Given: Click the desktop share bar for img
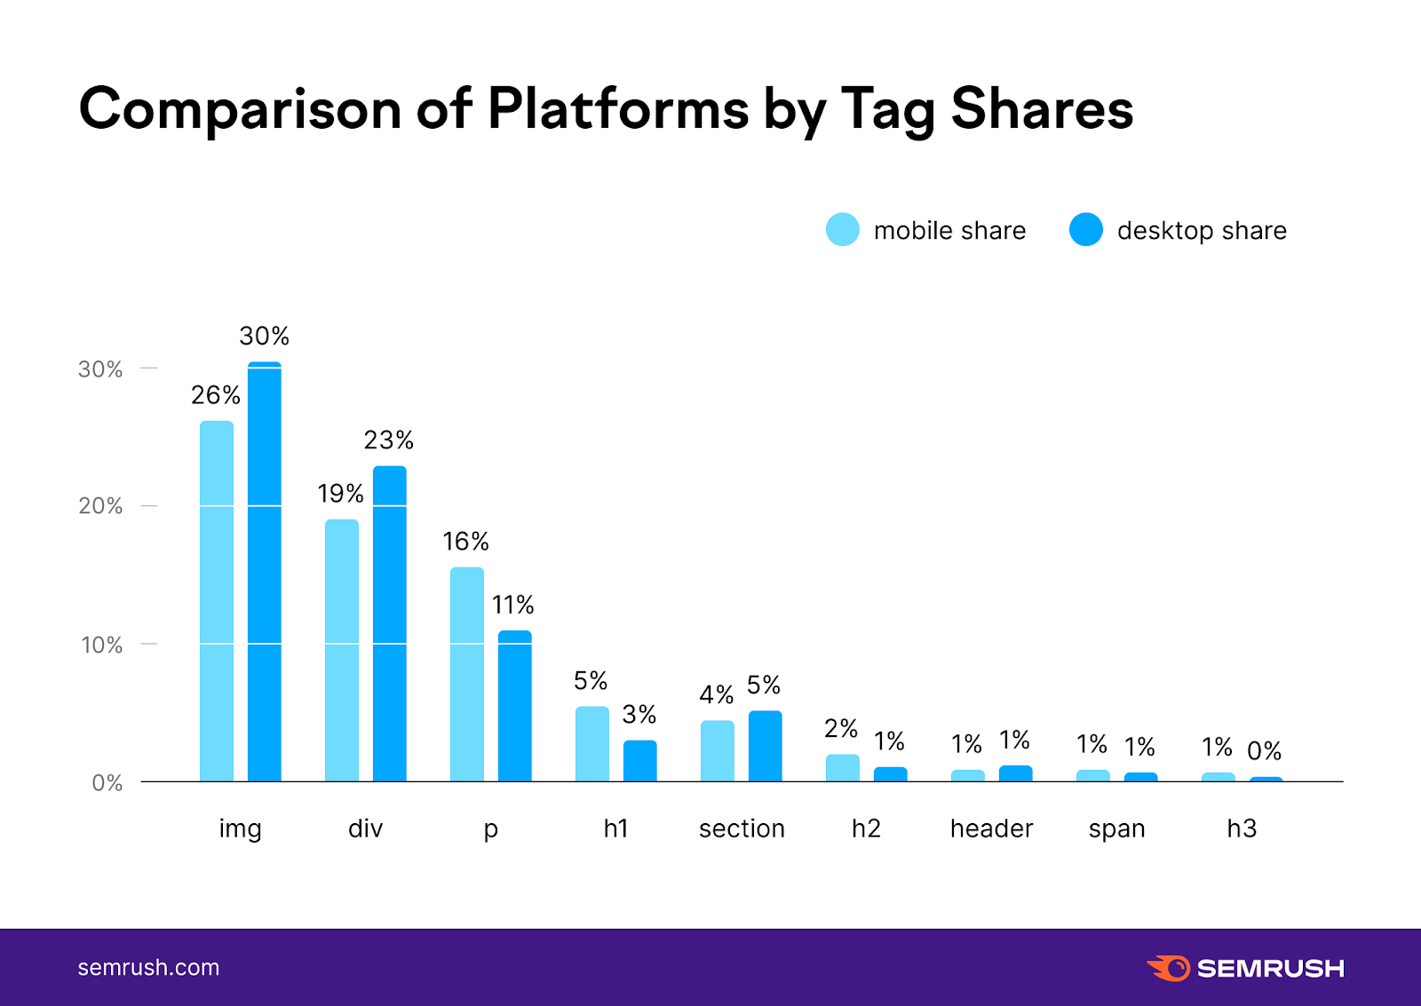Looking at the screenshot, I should (265, 572).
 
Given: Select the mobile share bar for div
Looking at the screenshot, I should (342, 650).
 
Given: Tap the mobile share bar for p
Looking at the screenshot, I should (467, 674).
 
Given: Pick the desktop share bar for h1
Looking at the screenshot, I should (640, 761).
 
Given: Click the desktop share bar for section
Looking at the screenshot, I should (766, 746).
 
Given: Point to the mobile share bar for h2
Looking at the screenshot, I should (843, 768).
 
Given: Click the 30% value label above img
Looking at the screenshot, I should (264, 337).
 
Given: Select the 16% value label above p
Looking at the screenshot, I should (465, 542).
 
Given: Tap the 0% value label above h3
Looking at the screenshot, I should (1264, 751).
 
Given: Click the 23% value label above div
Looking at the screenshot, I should (389, 440).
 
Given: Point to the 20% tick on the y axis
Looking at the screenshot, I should (100, 506).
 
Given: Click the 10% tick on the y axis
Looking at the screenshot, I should (101, 645).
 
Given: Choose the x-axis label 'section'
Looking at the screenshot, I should (742, 828).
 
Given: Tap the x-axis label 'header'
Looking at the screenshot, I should (991, 828).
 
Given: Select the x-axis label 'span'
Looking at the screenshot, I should (1116, 829).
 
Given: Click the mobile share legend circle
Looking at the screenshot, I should (843, 230).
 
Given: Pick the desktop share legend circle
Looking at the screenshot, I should (1086, 230).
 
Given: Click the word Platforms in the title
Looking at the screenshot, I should (618, 109).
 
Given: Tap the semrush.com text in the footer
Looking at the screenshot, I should (148, 968).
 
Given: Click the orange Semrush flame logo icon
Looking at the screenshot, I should (1169, 968).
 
